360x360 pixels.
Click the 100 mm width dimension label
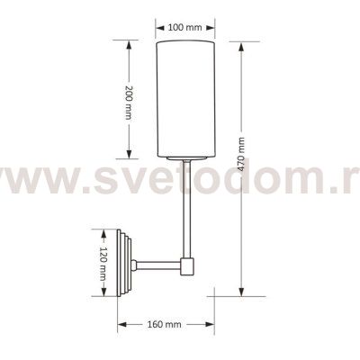[184, 28]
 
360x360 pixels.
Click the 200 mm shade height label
[129, 103]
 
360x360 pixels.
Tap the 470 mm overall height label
[241, 154]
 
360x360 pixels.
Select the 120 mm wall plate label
[103, 264]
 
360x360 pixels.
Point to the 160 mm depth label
[164, 324]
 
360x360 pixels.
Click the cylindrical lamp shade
[186, 99]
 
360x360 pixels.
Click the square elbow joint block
[187, 267]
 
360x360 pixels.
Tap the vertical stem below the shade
[186, 209]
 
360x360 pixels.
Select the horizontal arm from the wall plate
[158, 265]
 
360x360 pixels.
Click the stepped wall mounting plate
[125, 263]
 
